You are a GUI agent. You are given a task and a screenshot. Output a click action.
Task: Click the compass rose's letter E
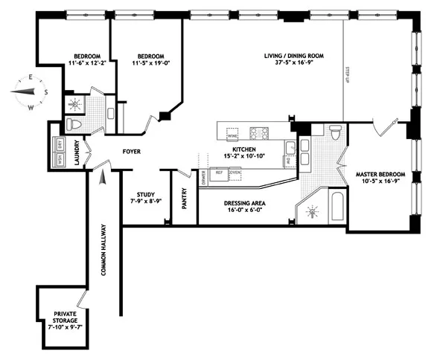tap(31, 77)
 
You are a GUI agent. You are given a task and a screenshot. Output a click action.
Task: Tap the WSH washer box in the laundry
tap(60, 159)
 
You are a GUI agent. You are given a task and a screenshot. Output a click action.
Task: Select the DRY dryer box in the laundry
tap(60, 144)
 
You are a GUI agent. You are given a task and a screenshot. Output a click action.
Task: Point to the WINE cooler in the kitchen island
tap(232, 135)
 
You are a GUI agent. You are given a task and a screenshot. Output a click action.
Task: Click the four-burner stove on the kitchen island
tap(258, 134)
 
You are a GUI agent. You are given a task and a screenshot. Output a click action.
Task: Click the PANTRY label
tap(184, 198)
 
